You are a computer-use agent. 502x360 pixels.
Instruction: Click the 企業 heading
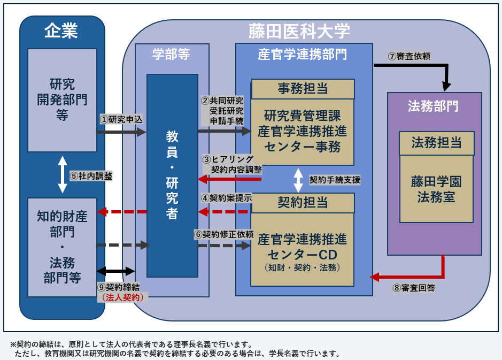click(61, 31)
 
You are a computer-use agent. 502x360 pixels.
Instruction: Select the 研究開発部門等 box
click(62, 100)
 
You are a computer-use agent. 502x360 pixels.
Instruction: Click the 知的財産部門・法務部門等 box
click(62, 247)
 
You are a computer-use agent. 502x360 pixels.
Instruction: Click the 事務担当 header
click(303, 88)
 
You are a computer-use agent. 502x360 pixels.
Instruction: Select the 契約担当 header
click(303, 202)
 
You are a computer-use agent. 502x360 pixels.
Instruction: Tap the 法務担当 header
click(436, 143)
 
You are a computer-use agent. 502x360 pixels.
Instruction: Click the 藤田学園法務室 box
click(436, 189)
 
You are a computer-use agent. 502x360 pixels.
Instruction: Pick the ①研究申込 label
click(121, 119)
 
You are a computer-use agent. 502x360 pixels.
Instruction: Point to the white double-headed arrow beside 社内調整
click(63, 174)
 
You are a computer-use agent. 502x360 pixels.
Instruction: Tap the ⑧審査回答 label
click(413, 288)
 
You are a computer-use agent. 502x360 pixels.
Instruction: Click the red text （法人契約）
click(122, 297)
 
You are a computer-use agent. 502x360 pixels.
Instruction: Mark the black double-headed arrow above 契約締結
click(116, 271)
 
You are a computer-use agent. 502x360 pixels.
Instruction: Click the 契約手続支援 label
click(335, 180)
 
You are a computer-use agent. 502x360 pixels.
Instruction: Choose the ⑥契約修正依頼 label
click(223, 234)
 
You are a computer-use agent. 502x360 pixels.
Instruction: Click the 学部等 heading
click(171, 54)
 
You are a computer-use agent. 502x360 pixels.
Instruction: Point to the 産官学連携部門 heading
click(302, 54)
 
